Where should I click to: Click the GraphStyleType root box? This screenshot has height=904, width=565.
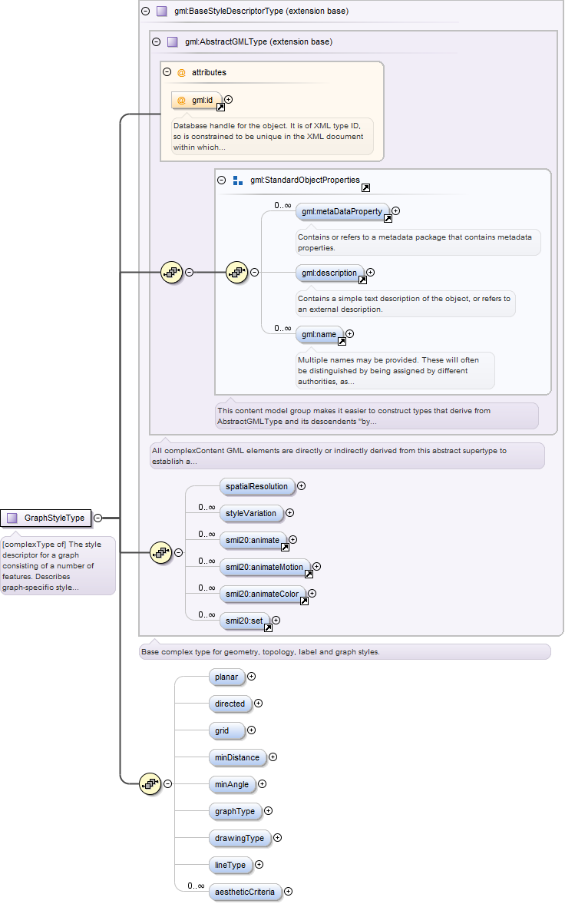(x=45, y=518)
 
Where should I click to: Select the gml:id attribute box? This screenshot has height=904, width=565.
(x=197, y=101)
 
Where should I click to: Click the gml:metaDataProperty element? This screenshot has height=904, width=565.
(x=342, y=211)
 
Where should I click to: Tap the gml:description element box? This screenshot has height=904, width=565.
(x=330, y=273)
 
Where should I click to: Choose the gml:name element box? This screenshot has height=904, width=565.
(x=319, y=334)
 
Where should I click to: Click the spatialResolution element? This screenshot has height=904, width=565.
(x=257, y=487)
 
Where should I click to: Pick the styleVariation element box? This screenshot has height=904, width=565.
(x=251, y=513)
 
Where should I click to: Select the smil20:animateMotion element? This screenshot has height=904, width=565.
(x=265, y=568)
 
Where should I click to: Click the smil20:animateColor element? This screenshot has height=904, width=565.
(x=263, y=594)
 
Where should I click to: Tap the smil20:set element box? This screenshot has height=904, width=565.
(x=245, y=621)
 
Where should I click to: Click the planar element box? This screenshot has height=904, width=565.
(x=227, y=677)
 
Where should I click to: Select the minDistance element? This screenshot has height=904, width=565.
(x=237, y=757)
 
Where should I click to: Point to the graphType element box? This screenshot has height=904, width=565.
(x=235, y=811)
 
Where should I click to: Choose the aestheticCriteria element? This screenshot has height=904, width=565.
(x=246, y=892)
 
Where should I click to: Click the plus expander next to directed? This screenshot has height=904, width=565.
(x=258, y=704)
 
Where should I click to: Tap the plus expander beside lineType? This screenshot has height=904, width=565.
(x=259, y=865)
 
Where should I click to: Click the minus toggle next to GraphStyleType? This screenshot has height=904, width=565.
(x=98, y=518)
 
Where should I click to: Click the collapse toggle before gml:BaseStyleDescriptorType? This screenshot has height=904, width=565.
(x=145, y=11)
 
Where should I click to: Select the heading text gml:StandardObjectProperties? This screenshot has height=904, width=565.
(x=305, y=180)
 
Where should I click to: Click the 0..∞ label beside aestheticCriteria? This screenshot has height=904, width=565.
(x=196, y=886)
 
